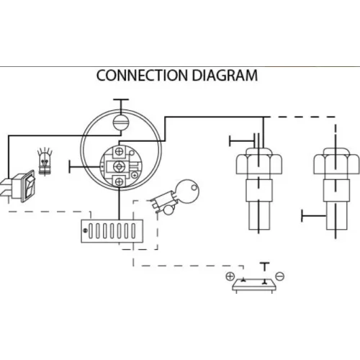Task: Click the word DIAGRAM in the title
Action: [225, 75]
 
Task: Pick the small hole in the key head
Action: [194, 187]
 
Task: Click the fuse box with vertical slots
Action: [112, 231]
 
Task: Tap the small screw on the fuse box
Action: [85, 230]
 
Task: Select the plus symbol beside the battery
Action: [230, 276]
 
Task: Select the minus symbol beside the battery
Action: [280, 276]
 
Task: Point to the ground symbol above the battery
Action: [265, 267]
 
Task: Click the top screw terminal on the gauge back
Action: [120, 151]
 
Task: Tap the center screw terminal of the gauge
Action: [118, 166]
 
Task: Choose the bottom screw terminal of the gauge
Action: [120, 181]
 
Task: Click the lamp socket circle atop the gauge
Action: [121, 122]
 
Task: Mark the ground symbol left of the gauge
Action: [84, 166]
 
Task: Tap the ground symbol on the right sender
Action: [314, 216]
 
